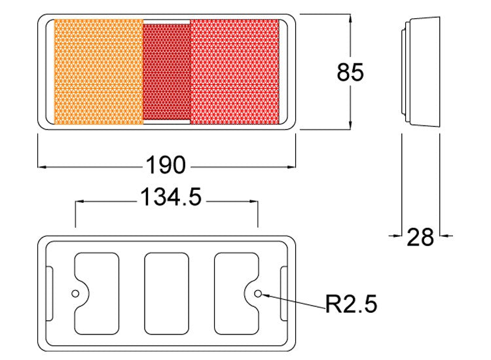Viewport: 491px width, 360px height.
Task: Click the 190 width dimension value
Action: click(x=166, y=166)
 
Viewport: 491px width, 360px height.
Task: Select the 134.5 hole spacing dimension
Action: click(x=170, y=196)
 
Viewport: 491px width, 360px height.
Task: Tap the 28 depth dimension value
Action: click(x=420, y=237)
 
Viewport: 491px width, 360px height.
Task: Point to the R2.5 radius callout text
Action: click(x=351, y=303)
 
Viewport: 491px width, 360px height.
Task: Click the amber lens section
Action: click(x=98, y=72)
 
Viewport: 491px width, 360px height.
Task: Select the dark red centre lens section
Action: click(x=166, y=72)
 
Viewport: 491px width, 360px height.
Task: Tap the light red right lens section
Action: click(x=234, y=72)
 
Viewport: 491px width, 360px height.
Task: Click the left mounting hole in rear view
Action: click(x=76, y=293)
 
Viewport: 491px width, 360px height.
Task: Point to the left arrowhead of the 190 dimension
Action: click(x=41, y=166)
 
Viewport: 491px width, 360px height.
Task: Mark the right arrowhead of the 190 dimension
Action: click(x=293, y=166)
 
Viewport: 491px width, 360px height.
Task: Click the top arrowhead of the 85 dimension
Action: click(x=352, y=18)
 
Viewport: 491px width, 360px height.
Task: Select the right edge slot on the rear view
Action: click(x=283, y=293)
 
